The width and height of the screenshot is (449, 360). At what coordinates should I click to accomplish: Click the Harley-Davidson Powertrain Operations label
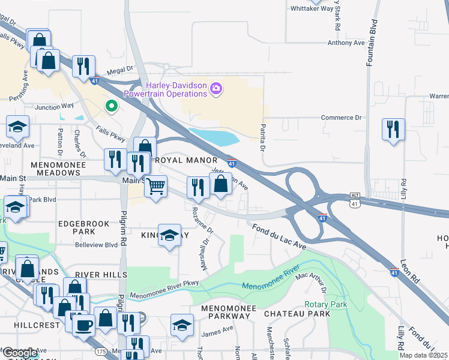[x=165, y=89]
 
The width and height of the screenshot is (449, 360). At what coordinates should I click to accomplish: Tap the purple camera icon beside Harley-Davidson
[x=216, y=90]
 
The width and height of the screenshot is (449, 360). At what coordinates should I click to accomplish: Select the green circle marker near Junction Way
[x=111, y=106]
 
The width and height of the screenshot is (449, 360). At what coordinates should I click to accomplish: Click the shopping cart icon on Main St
[x=155, y=186]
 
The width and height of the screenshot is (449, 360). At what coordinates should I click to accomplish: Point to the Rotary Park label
[x=325, y=304]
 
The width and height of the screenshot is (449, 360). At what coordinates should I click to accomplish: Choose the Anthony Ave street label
[x=346, y=43]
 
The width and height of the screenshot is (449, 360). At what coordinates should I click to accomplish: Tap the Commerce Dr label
[x=342, y=118]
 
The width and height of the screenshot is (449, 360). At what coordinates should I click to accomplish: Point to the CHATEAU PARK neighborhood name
[x=305, y=314]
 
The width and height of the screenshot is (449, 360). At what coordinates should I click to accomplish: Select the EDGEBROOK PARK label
[x=84, y=227]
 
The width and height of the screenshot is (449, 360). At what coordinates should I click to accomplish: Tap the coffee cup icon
[x=83, y=325]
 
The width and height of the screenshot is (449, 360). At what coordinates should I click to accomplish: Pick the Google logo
[x=20, y=352]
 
